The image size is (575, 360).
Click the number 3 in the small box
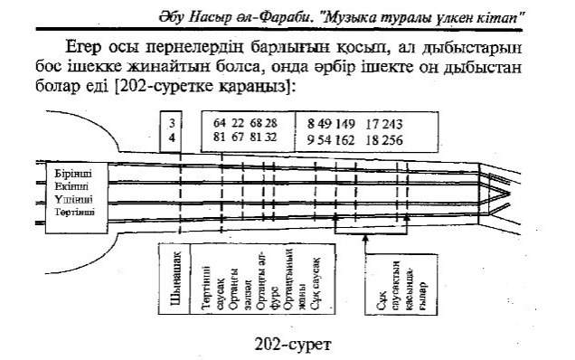172,123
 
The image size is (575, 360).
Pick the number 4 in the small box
172,138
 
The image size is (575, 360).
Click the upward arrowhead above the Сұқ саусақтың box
364,237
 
